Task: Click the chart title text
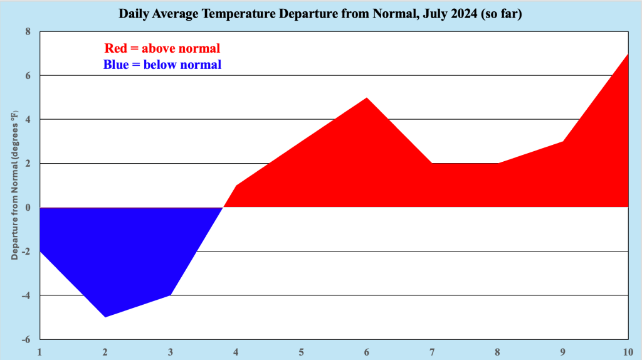click(x=320, y=13)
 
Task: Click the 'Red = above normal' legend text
click(x=162, y=48)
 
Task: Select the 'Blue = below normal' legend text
click(x=162, y=64)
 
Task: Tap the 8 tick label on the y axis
click(x=28, y=31)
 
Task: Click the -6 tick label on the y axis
click(x=26, y=339)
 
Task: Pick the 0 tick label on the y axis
click(x=28, y=208)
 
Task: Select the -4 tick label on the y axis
click(x=26, y=295)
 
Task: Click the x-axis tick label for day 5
click(x=302, y=351)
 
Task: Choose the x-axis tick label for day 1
click(x=39, y=351)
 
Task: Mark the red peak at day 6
click(x=367, y=98)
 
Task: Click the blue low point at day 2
click(x=105, y=317)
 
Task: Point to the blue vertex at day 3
click(x=171, y=295)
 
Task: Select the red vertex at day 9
click(x=563, y=142)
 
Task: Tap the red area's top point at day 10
click(x=627, y=55)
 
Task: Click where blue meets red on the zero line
click(x=223, y=207)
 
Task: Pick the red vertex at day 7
click(x=432, y=164)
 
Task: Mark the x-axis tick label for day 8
click(x=498, y=351)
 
